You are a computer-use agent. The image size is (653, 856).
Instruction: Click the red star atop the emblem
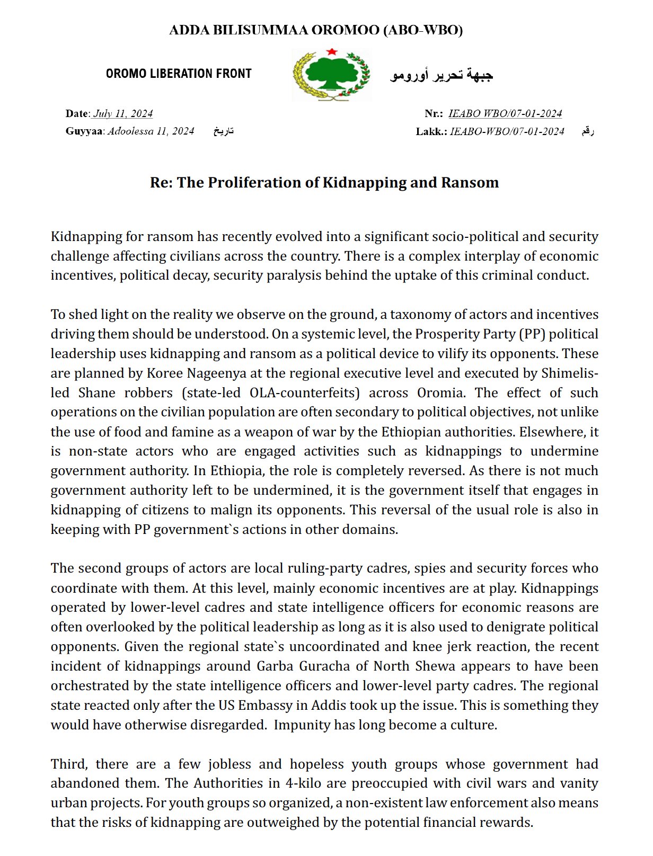[x=332, y=51]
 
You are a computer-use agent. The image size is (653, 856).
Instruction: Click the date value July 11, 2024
[x=123, y=113]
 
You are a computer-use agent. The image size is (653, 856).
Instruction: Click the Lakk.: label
[x=431, y=131]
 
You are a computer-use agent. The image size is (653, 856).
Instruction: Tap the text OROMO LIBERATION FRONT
[x=179, y=74]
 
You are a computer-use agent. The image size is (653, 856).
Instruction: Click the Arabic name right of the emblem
[x=442, y=75]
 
